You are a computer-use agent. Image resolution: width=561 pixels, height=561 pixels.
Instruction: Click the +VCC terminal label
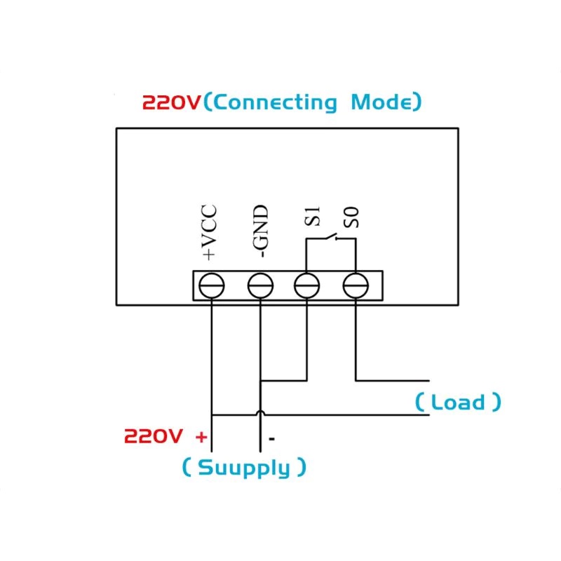point(210,232)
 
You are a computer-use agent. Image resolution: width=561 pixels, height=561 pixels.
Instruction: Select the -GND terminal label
point(260,231)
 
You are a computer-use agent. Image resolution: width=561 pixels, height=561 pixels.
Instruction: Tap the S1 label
point(312,217)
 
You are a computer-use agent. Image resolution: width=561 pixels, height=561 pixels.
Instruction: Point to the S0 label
point(351,217)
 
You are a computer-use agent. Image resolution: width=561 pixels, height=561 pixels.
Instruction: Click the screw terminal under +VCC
point(212,285)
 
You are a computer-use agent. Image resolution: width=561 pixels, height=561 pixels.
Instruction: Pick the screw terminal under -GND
point(260,285)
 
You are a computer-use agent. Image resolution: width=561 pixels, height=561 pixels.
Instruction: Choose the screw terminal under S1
point(306,285)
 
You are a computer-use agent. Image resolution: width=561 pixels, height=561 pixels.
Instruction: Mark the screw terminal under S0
point(356,285)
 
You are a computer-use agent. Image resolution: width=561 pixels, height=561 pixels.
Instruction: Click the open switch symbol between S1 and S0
point(332,237)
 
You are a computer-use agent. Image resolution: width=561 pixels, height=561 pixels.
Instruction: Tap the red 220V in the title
point(172,102)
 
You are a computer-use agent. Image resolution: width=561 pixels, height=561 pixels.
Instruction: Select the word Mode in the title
point(381,102)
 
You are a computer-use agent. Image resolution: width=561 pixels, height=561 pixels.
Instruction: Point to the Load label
point(458,402)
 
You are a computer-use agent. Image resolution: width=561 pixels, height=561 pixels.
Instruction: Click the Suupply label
point(244,468)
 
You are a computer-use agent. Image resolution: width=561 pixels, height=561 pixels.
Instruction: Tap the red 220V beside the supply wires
point(154,436)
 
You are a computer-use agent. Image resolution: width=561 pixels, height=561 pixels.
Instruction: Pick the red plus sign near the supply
point(201,437)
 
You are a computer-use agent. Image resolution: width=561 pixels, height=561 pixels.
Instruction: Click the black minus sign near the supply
point(272,438)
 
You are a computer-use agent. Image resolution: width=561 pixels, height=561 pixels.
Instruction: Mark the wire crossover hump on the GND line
point(261,412)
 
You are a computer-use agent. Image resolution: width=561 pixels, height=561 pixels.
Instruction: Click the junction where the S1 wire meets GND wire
point(261,380)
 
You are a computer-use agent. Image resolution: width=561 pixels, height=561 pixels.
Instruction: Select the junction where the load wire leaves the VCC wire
point(212,415)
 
